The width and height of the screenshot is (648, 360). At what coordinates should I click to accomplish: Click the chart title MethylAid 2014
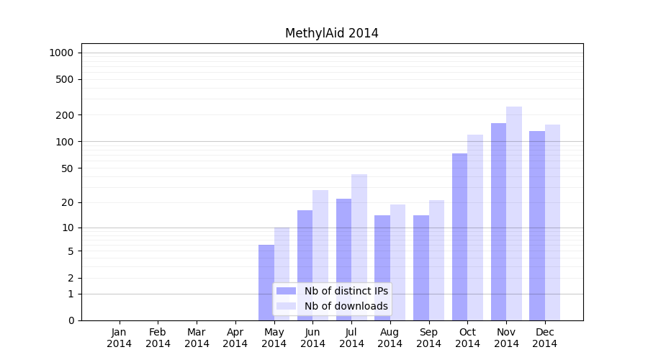coord(331,33)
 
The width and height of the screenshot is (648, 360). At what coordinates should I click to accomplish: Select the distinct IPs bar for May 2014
coord(266,282)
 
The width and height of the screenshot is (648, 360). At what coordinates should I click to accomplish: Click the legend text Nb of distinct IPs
coord(346,291)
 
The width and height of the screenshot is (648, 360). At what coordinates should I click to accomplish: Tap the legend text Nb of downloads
coord(346,306)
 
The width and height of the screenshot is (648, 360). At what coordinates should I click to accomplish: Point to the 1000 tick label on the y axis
coord(61,53)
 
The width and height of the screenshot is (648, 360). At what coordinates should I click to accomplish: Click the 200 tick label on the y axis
coord(65,115)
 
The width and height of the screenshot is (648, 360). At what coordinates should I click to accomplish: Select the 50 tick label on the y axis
coord(67,168)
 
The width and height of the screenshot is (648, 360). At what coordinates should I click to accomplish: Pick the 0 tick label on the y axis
coord(71,320)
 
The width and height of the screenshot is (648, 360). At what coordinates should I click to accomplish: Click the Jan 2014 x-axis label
coord(120,338)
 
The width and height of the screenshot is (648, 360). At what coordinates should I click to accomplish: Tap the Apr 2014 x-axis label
coord(235,338)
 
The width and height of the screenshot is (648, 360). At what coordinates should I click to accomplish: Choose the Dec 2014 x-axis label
coord(545,338)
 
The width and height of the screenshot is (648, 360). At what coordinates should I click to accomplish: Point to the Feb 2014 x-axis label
coord(158,338)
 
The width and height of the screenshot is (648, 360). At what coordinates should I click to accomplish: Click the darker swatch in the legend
coord(287,291)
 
